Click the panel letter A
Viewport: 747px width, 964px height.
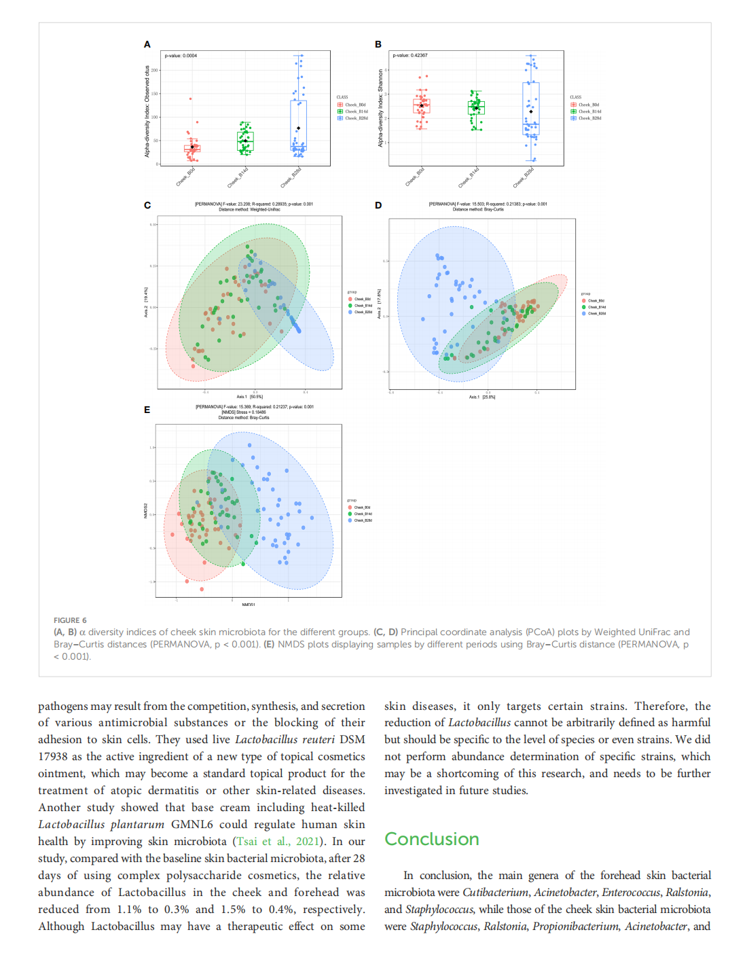pyautogui.click(x=147, y=44)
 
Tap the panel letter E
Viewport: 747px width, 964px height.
pyautogui.click(x=147, y=410)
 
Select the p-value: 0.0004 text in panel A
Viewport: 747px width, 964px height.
pyautogui.click(x=181, y=56)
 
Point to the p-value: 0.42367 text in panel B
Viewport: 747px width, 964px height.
pyautogui.click(x=410, y=56)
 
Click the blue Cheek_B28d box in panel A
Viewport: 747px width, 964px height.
pyautogui.click(x=298, y=125)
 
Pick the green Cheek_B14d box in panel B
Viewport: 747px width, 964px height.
pyautogui.click(x=476, y=108)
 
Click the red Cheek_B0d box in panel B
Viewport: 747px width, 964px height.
pyautogui.click(x=422, y=106)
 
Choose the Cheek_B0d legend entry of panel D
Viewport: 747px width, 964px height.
pyautogui.click(x=596, y=300)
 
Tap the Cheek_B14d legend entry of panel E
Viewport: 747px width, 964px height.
pyautogui.click(x=363, y=514)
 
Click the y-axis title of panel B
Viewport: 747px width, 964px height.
pyautogui.click(x=380, y=108)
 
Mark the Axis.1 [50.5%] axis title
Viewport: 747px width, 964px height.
pyautogui.click(x=250, y=397)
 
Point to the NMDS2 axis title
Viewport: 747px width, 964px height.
pyautogui.click(x=146, y=511)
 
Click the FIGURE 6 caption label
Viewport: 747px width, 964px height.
pyautogui.click(x=70, y=620)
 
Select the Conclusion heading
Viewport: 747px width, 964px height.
pyautogui.click(x=432, y=839)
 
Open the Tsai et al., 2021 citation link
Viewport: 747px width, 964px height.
pyautogui.click(x=277, y=841)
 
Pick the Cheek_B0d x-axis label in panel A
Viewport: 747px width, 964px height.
pyautogui.click(x=186, y=177)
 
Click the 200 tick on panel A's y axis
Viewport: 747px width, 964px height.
pyautogui.click(x=154, y=70)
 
